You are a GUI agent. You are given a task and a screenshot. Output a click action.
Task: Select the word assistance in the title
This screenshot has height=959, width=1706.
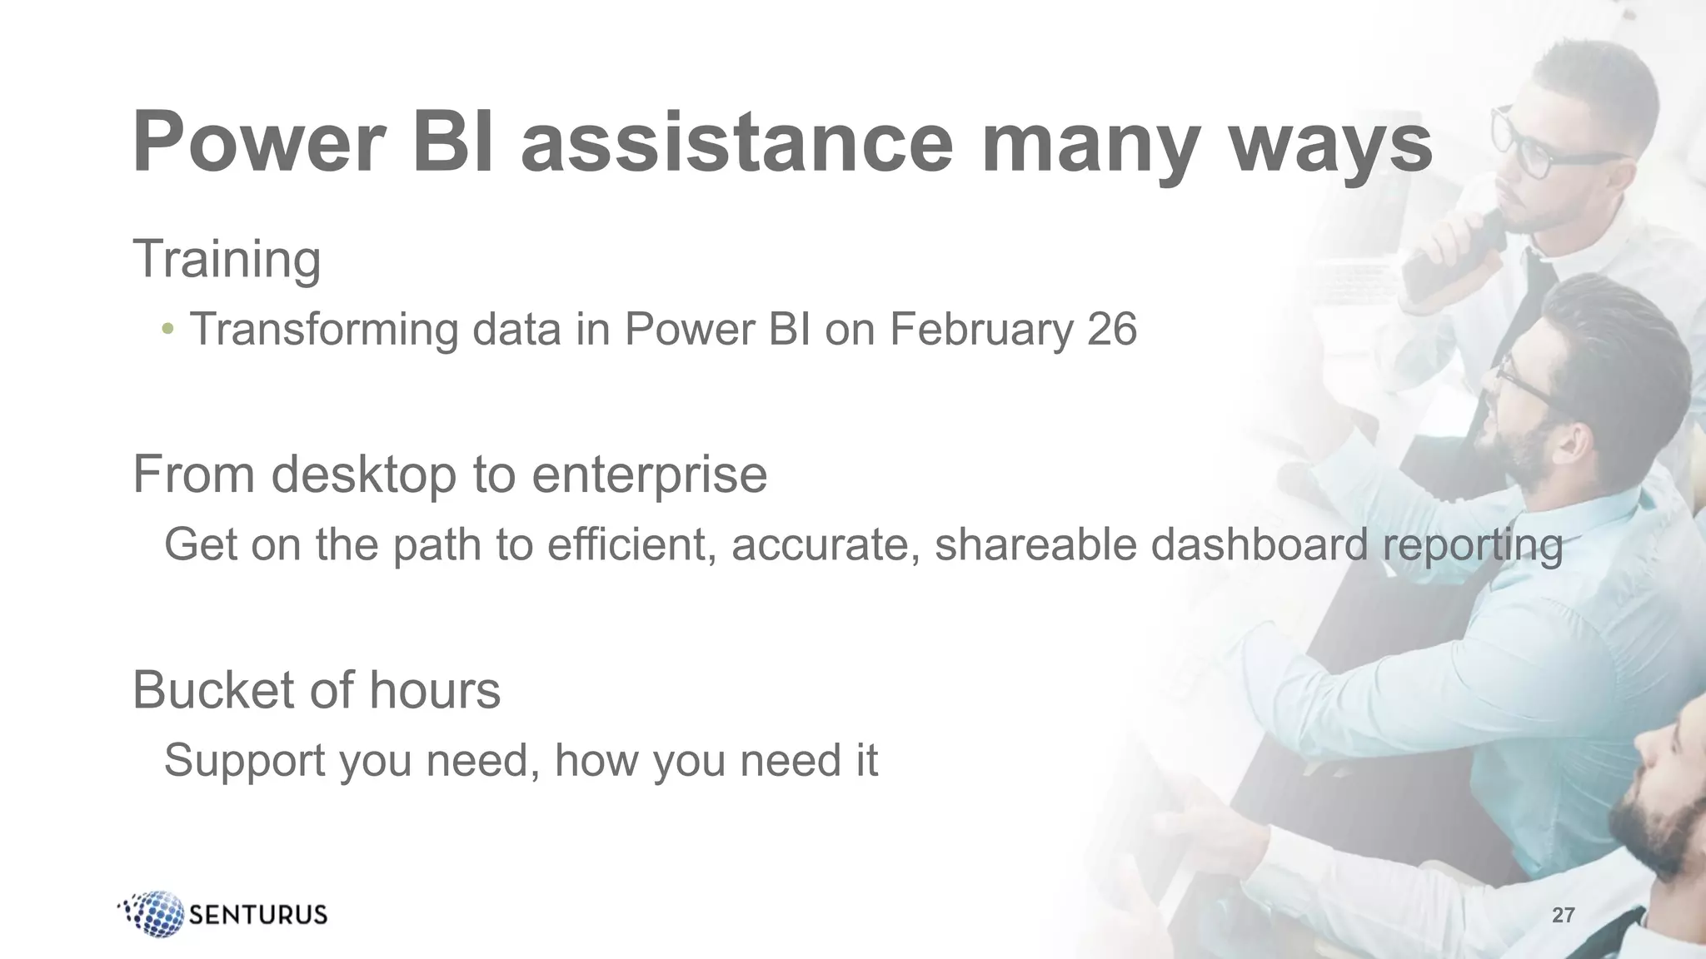(737, 143)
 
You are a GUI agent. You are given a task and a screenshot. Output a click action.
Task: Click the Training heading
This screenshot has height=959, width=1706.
(227, 260)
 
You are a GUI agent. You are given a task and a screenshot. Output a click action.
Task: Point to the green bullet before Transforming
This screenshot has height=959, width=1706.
(168, 329)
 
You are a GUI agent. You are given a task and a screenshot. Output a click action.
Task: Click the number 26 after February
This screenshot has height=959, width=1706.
(1111, 329)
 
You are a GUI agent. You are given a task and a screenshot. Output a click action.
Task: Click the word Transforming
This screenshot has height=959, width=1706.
(323, 330)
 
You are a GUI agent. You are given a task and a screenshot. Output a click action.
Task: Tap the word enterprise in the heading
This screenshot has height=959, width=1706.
(649, 476)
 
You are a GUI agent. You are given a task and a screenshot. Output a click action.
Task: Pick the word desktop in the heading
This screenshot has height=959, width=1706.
(364, 476)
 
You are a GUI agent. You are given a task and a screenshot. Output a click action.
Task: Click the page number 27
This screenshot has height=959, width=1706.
(1563, 916)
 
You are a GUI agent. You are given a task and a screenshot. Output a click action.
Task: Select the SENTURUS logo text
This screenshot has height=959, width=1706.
(258, 915)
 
